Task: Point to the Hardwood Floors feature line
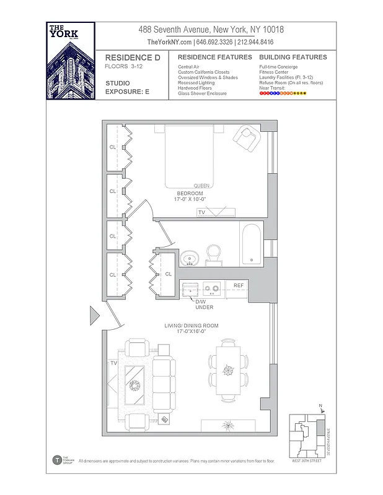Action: (195, 88)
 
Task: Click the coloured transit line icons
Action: (283, 94)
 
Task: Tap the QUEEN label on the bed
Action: (201, 186)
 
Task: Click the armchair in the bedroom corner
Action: (249, 138)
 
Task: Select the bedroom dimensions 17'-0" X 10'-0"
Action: (190, 199)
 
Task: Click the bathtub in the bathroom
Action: (252, 244)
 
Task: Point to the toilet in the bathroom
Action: (214, 254)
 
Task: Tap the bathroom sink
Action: (190, 257)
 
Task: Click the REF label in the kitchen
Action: (239, 286)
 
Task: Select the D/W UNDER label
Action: (204, 304)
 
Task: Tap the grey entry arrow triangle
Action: (95, 316)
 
